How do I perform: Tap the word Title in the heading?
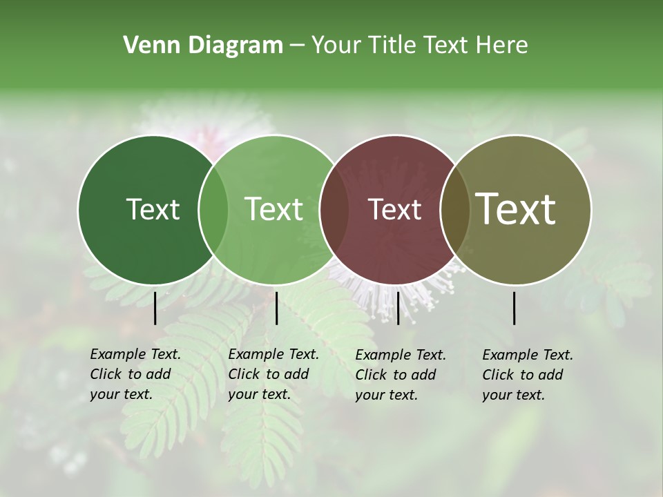(393, 46)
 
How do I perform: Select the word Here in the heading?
(502, 46)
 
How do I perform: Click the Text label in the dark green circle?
(153, 209)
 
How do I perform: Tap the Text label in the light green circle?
(273, 209)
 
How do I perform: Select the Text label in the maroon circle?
(394, 209)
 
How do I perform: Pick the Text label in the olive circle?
(515, 209)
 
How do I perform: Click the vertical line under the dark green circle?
(155, 308)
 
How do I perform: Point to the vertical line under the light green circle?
(276, 308)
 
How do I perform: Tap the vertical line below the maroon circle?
(398, 308)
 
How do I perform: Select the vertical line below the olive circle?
(515, 308)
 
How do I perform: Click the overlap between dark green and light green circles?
(213, 210)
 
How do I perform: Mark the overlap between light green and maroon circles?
(334, 210)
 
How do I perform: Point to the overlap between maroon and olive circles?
(455, 210)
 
